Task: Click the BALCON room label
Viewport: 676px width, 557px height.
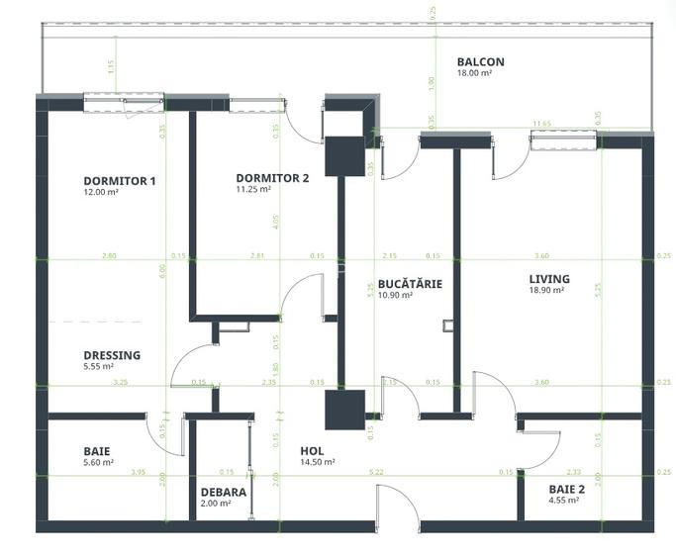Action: tap(480, 61)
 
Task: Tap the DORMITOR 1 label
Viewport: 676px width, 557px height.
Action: tap(120, 181)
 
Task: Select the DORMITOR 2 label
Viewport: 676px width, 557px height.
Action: tap(272, 178)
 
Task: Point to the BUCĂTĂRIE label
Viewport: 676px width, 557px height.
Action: tap(410, 284)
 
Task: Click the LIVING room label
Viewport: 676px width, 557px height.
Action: tap(548, 279)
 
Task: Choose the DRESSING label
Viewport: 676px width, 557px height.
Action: tap(112, 355)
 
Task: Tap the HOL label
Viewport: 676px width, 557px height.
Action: tap(312, 450)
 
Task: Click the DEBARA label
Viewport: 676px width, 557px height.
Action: tap(223, 491)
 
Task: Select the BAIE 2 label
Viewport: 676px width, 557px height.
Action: tap(567, 489)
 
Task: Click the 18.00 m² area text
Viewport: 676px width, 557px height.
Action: tap(474, 73)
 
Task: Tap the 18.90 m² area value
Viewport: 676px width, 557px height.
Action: tap(546, 291)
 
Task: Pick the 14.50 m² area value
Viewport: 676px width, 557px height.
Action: tap(317, 462)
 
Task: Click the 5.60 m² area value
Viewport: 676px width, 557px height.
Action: tap(98, 462)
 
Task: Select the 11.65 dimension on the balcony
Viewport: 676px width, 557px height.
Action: tap(541, 124)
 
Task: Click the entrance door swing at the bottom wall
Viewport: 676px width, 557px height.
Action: tap(397, 507)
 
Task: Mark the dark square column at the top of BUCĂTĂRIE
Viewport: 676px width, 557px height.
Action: tap(345, 156)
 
